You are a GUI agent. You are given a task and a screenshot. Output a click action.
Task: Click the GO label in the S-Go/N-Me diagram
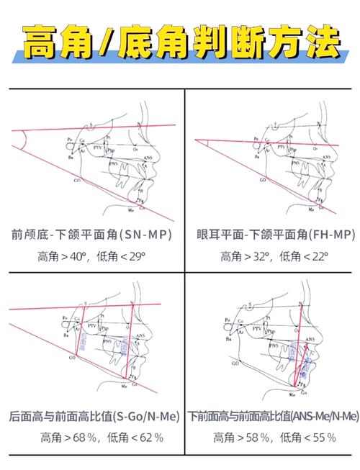click(72, 357)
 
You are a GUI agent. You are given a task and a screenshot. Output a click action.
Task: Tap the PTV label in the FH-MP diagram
click(276, 152)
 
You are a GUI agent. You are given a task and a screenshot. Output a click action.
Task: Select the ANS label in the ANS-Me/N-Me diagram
click(310, 338)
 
